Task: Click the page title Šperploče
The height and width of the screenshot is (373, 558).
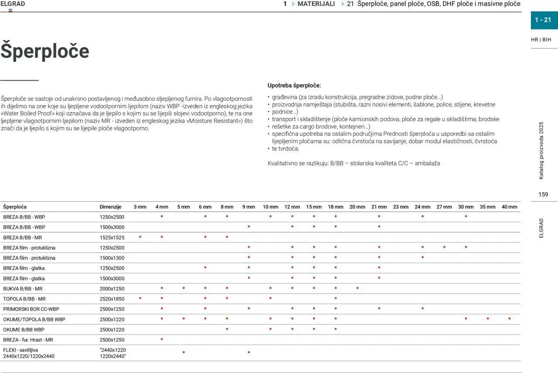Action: [45, 51]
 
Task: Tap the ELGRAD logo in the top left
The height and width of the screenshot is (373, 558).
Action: [13, 4]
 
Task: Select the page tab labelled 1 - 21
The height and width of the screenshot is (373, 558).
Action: [543, 20]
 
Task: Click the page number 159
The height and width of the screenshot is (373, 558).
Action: [543, 194]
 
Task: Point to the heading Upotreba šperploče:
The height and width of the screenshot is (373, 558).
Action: [294, 85]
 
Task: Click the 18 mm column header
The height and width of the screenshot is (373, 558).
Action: [336, 207]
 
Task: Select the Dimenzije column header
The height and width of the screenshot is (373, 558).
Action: [110, 207]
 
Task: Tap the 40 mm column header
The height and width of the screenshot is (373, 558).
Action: [509, 207]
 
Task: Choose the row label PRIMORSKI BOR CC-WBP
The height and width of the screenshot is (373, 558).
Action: [31, 309]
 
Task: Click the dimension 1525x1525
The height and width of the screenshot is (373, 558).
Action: [112, 237]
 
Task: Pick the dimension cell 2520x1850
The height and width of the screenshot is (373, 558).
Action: [112, 299]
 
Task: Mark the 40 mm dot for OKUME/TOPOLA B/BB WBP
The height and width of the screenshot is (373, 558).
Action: [510, 319]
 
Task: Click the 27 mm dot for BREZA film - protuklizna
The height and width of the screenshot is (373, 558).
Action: [444, 247]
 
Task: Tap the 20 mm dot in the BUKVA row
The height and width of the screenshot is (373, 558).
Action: [357, 288]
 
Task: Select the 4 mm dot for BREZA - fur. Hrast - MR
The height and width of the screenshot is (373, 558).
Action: [162, 339]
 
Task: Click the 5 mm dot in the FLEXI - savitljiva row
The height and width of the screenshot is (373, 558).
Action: [184, 352]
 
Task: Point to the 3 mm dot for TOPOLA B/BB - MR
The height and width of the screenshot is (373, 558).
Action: [140, 298]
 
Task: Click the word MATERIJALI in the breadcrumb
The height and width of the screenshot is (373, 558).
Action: [316, 4]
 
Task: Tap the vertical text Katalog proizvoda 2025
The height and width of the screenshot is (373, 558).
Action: [541, 150]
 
